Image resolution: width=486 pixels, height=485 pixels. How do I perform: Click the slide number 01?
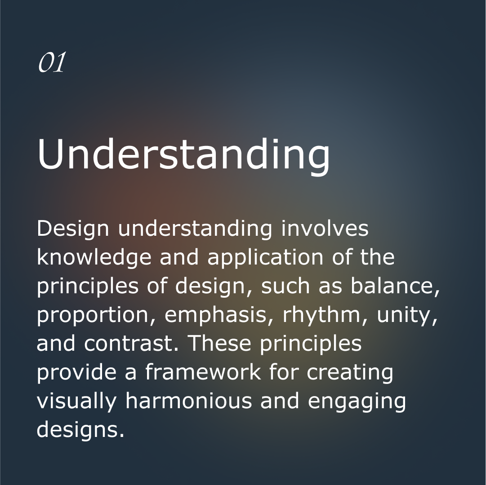pyautogui.click(x=52, y=62)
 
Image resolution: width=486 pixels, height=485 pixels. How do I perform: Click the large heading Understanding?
pyautogui.click(x=183, y=155)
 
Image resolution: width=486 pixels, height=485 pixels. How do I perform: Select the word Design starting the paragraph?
pyautogui.click(x=73, y=229)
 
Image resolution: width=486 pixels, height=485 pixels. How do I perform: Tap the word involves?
pyautogui.click(x=325, y=229)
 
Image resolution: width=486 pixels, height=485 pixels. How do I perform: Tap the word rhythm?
pyautogui.click(x=321, y=315)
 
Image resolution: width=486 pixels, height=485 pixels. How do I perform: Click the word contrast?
pyautogui.click(x=128, y=344)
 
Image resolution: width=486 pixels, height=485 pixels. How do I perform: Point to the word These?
pyautogui.click(x=220, y=343)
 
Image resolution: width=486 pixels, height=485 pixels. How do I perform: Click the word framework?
pyautogui.click(x=203, y=371)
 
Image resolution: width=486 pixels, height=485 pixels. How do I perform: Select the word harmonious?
pyautogui.click(x=188, y=401)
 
